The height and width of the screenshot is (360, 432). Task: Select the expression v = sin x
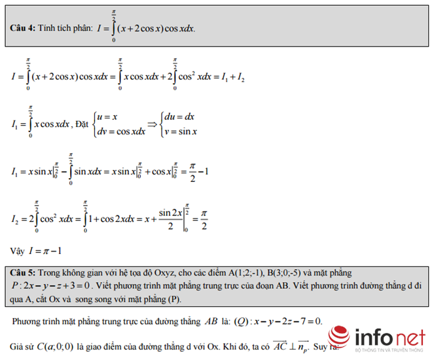pos(181,132)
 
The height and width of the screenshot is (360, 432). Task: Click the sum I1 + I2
pos(233,77)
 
